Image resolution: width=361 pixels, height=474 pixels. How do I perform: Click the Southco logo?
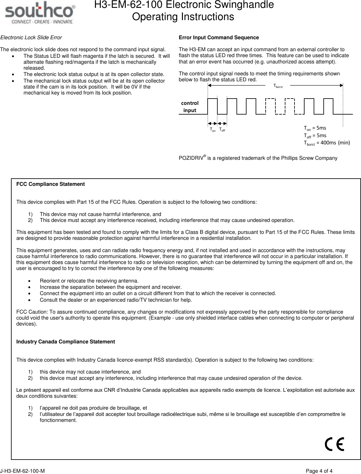40,14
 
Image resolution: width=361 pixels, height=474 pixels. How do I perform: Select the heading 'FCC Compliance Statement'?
50,184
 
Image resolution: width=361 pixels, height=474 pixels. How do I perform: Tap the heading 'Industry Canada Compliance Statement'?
66,342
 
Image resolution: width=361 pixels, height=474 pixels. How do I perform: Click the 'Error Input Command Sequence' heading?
219,38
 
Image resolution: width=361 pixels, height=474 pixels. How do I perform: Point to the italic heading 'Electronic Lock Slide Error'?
31,38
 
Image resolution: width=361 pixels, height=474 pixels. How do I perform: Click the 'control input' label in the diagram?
190,107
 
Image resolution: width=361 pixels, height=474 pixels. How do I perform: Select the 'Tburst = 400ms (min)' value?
326,143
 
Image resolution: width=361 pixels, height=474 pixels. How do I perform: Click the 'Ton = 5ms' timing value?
315,128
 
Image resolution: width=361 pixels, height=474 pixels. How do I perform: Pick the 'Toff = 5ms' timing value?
315,135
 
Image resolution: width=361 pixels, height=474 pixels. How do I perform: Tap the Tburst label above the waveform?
278,86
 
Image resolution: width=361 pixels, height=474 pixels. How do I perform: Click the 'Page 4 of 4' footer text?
319,471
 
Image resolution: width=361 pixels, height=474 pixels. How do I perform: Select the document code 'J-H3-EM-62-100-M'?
22,471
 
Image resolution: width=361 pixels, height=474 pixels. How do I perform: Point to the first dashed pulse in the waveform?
270,106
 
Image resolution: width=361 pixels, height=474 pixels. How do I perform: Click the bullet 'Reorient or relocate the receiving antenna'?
89,281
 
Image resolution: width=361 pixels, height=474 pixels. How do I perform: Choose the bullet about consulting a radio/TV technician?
116,300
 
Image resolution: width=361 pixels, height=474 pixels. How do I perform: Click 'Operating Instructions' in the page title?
183,17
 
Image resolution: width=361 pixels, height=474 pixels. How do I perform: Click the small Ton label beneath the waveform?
213,130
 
